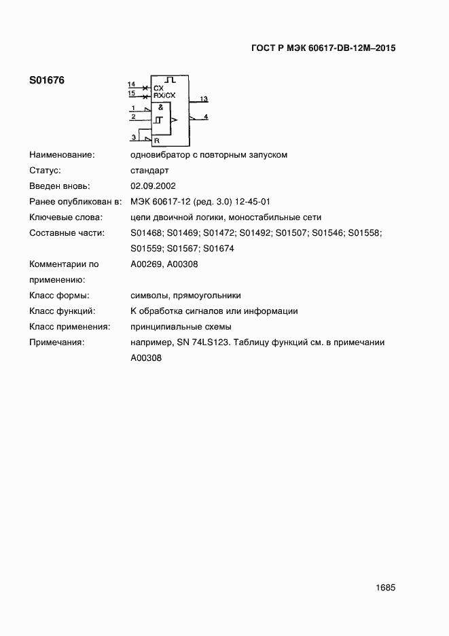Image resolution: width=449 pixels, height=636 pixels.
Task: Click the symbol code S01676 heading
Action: coord(47,80)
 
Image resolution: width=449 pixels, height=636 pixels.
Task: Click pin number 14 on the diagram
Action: coord(131,84)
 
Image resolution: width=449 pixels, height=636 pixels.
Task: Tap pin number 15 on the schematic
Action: coord(131,92)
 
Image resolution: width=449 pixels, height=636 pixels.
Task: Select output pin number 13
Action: coord(203,99)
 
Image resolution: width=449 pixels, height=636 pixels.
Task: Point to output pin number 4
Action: coord(206,117)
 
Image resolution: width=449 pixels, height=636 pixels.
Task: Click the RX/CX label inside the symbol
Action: coord(164,96)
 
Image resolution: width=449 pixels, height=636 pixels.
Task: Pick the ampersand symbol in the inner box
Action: coord(160,107)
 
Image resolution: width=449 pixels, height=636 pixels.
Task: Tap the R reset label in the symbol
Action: coord(157,141)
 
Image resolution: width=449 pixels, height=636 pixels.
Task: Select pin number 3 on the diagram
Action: coord(134,137)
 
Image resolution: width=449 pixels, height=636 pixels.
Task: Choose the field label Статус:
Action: coord(46,170)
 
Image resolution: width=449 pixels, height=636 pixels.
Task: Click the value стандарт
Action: coord(149,170)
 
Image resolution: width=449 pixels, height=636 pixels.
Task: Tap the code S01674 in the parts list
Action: coord(219,249)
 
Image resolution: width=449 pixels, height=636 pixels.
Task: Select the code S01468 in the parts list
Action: coord(146,233)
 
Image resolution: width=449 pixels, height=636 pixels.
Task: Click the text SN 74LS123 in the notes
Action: coord(197,342)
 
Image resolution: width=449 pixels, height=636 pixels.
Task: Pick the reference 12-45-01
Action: coord(253,202)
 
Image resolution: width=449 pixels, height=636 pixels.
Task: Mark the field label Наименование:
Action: coord(62,154)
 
